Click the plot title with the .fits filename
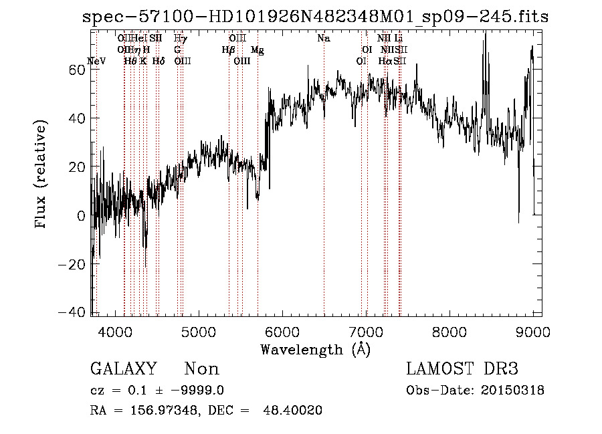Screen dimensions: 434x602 314,17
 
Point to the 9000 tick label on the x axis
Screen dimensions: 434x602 532,330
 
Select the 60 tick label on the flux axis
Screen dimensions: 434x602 78,70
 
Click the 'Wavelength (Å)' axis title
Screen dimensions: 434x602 315,349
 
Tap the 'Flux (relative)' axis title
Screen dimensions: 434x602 41,175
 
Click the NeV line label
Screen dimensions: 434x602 96,61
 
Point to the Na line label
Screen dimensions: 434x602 324,39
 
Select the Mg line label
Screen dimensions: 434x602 257,50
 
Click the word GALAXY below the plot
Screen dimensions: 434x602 123,369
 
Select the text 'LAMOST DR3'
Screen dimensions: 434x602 462,369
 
